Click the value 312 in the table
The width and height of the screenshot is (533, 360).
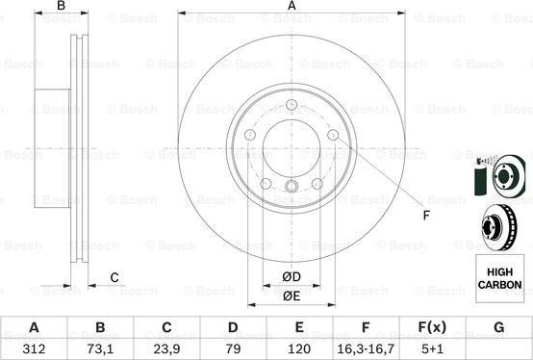(34, 348)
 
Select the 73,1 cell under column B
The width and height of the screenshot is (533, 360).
(100, 348)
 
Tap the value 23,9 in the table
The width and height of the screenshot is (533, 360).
(166, 348)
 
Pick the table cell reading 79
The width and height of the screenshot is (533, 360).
(233, 348)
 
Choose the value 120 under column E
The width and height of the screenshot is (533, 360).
(299, 348)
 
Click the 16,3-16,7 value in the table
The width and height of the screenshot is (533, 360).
(366, 348)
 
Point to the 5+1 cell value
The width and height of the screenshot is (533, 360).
(432, 348)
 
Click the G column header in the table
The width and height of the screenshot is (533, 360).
(498, 327)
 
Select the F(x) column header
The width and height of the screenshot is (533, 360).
(432, 327)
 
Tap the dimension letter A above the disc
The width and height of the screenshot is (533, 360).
(292, 6)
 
